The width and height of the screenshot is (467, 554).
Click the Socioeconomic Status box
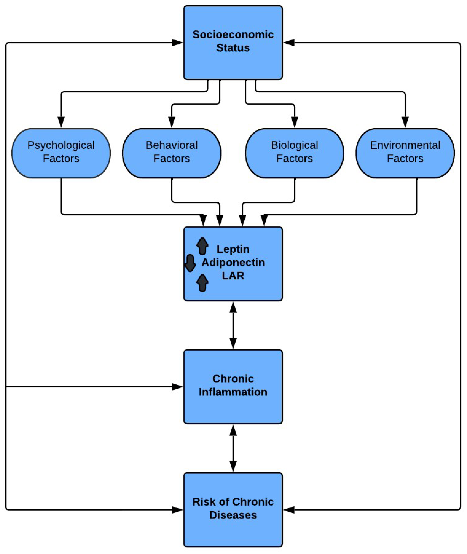coord(233,42)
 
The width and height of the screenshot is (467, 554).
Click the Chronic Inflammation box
coord(233,387)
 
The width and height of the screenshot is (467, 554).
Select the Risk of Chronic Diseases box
coord(233,510)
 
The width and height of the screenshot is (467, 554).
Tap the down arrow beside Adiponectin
coord(190,263)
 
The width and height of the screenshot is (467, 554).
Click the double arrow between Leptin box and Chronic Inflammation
coord(233,325)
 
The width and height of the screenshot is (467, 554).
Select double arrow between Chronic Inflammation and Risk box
coord(233,448)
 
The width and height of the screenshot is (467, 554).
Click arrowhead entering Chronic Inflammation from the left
coord(177,387)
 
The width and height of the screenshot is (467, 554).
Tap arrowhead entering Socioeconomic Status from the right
coord(289,42)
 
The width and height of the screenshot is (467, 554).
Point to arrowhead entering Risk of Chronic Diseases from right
coord(289,510)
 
